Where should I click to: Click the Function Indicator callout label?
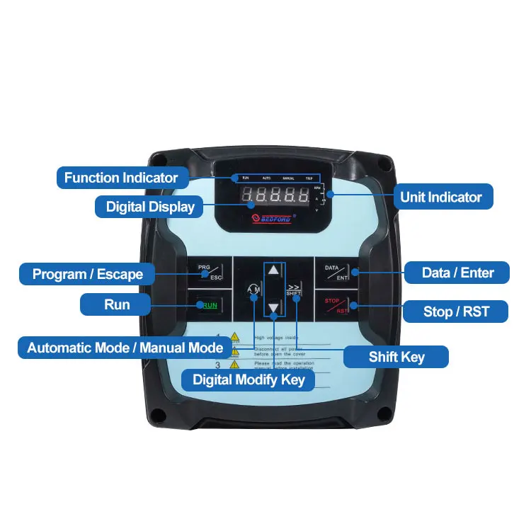point(121,177)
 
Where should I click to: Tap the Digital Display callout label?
point(150,207)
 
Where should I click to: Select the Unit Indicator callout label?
point(440,197)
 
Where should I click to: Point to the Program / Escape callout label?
point(88,274)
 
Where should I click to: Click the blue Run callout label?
point(117,304)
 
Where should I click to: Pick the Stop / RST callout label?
point(456,311)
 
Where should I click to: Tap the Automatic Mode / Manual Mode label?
point(125,348)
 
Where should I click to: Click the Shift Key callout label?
point(396,356)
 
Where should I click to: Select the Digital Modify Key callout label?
point(249,380)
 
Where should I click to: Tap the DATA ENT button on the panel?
point(337,273)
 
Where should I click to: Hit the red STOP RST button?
point(337,305)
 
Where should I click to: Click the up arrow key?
point(274,271)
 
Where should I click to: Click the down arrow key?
point(274,307)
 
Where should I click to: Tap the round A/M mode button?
point(253,290)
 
